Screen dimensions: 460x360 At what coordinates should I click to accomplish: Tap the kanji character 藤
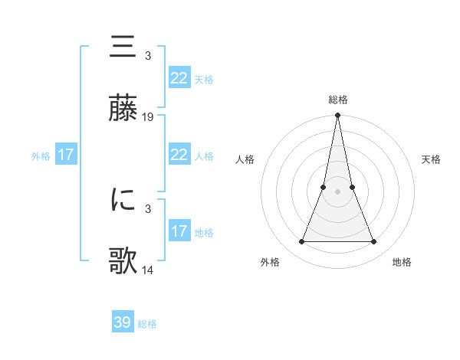(x=123, y=109)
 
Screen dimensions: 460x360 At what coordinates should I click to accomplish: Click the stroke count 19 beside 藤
(x=148, y=117)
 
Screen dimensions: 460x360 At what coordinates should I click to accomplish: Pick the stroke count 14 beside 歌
(x=148, y=270)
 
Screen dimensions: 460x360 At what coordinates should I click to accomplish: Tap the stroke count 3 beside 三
(x=147, y=56)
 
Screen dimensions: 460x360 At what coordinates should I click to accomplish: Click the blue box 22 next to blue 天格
(x=179, y=78)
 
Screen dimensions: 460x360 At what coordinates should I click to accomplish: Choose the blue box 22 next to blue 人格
(x=179, y=155)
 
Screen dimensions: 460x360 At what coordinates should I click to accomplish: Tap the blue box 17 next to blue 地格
(x=179, y=231)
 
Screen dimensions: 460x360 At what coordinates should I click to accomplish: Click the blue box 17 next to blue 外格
(x=66, y=155)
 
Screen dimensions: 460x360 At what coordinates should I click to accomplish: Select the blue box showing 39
(x=123, y=322)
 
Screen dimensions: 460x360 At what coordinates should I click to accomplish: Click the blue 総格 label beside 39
(x=147, y=324)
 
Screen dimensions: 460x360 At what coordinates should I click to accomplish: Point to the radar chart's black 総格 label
(x=338, y=100)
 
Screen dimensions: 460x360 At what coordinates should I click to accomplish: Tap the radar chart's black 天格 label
(x=432, y=159)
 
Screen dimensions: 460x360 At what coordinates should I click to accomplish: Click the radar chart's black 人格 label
(x=245, y=159)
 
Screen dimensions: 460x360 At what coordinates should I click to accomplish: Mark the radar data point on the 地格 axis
(x=374, y=242)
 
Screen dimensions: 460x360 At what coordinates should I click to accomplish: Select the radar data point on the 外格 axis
(x=301, y=242)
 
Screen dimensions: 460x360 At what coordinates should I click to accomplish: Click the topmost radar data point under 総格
(x=338, y=116)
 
